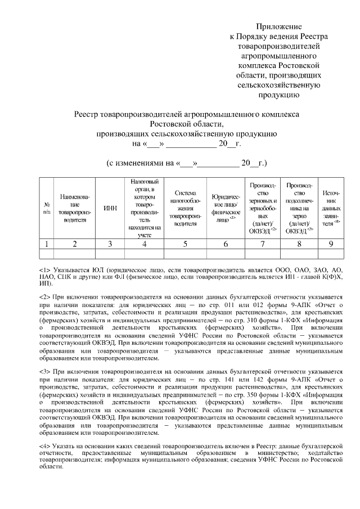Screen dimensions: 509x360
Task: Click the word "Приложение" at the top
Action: pos(279,26)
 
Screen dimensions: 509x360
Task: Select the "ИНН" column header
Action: pos(111,208)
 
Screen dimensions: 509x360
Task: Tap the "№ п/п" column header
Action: pos(47,208)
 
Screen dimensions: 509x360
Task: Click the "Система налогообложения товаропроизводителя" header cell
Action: pos(185,208)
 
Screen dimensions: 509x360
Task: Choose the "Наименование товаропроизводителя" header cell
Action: pos(74,208)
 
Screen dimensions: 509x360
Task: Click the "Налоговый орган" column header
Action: pos(145,208)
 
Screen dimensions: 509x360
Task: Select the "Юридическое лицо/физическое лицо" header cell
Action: pos(226,209)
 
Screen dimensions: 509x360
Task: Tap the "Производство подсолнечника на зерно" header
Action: pos(299,208)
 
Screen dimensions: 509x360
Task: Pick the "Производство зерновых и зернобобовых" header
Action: pos(262,208)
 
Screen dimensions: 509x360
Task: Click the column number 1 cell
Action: pos(47,244)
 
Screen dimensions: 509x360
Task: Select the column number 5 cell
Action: pos(185,244)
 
